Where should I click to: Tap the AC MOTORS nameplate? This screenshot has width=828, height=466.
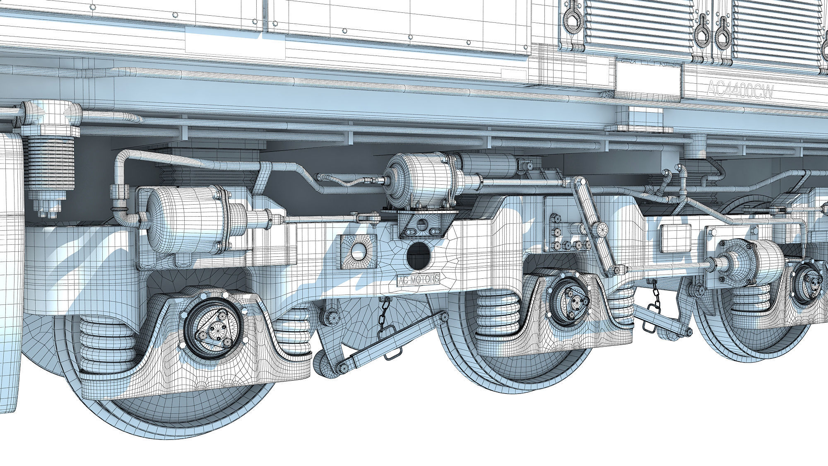pyautogui.click(x=418, y=280)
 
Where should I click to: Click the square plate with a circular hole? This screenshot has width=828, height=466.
pyautogui.click(x=358, y=250)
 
